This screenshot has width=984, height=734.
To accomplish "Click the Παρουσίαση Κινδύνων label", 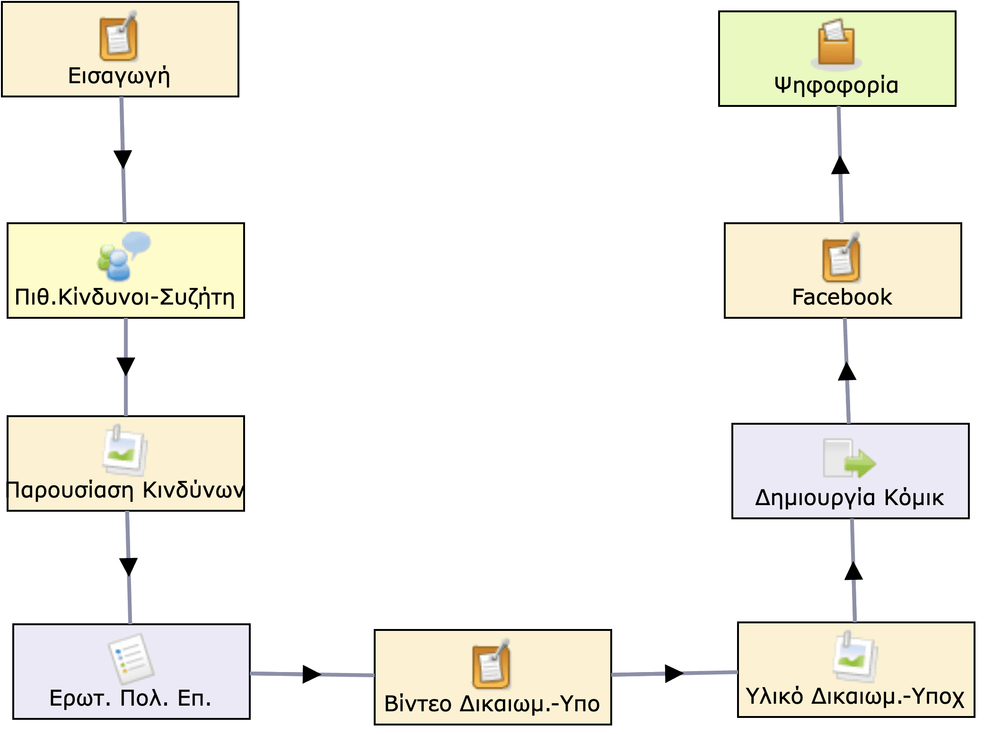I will point(125,490).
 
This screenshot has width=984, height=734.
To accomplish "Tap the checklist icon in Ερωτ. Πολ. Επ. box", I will point(131,659).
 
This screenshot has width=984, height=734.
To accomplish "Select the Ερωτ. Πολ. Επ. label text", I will point(131,699).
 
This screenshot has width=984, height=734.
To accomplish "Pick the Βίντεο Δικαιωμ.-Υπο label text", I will point(492,704).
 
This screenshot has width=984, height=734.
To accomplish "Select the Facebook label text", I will point(842,297).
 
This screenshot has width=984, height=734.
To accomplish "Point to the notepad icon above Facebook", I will point(841,258).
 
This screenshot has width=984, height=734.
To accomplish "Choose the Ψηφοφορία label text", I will point(836,86).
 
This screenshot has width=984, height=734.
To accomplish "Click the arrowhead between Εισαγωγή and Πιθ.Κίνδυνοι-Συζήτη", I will point(123,158).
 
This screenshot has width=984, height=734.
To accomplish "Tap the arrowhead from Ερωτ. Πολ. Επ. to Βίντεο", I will point(311,674).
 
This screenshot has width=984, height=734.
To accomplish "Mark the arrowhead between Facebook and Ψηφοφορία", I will point(840,166).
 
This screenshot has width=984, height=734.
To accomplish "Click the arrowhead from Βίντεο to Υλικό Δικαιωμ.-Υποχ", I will point(673,673).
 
